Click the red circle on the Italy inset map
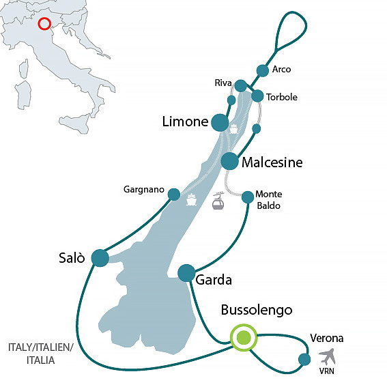(x=44, y=24)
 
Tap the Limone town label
(x=184, y=122)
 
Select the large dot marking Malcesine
(x=230, y=162)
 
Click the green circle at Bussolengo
(x=242, y=337)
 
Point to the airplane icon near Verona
(x=328, y=356)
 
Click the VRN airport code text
(x=328, y=371)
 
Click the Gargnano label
(x=144, y=188)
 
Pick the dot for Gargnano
(x=174, y=194)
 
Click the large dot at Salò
(x=100, y=257)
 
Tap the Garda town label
(x=214, y=280)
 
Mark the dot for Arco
(x=263, y=70)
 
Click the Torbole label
(x=281, y=98)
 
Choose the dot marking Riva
(x=240, y=86)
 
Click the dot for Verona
(x=304, y=360)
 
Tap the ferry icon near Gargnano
(x=192, y=201)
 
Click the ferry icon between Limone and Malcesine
(x=233, y=129)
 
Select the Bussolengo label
(x=257, y=311)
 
